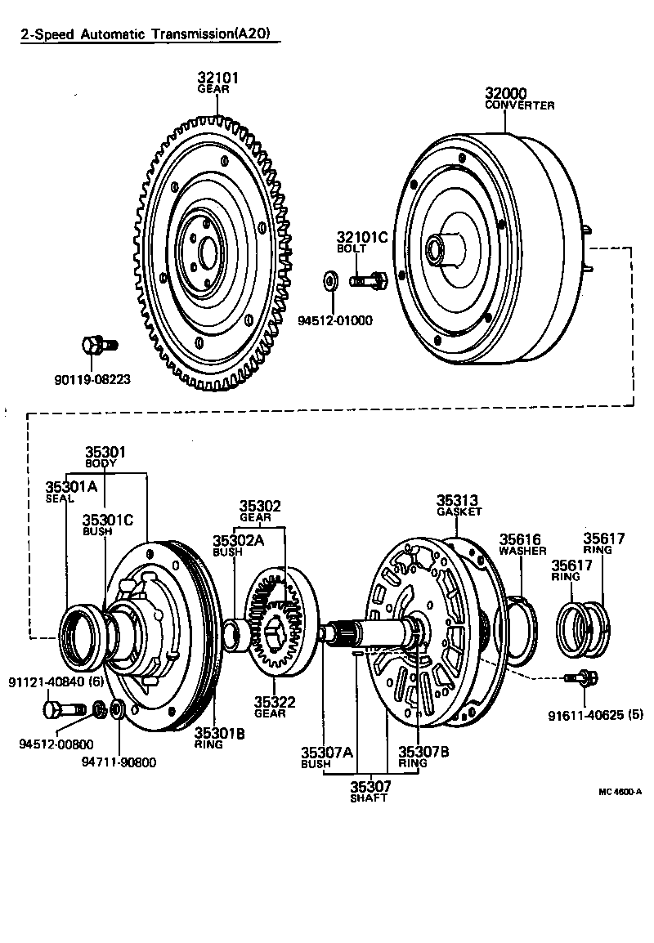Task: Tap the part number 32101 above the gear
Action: (217, 78)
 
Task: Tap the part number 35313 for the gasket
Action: (457, 499)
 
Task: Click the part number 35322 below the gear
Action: (274, 702)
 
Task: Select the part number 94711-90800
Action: (119, 762)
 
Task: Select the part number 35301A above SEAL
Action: (70, 489)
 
